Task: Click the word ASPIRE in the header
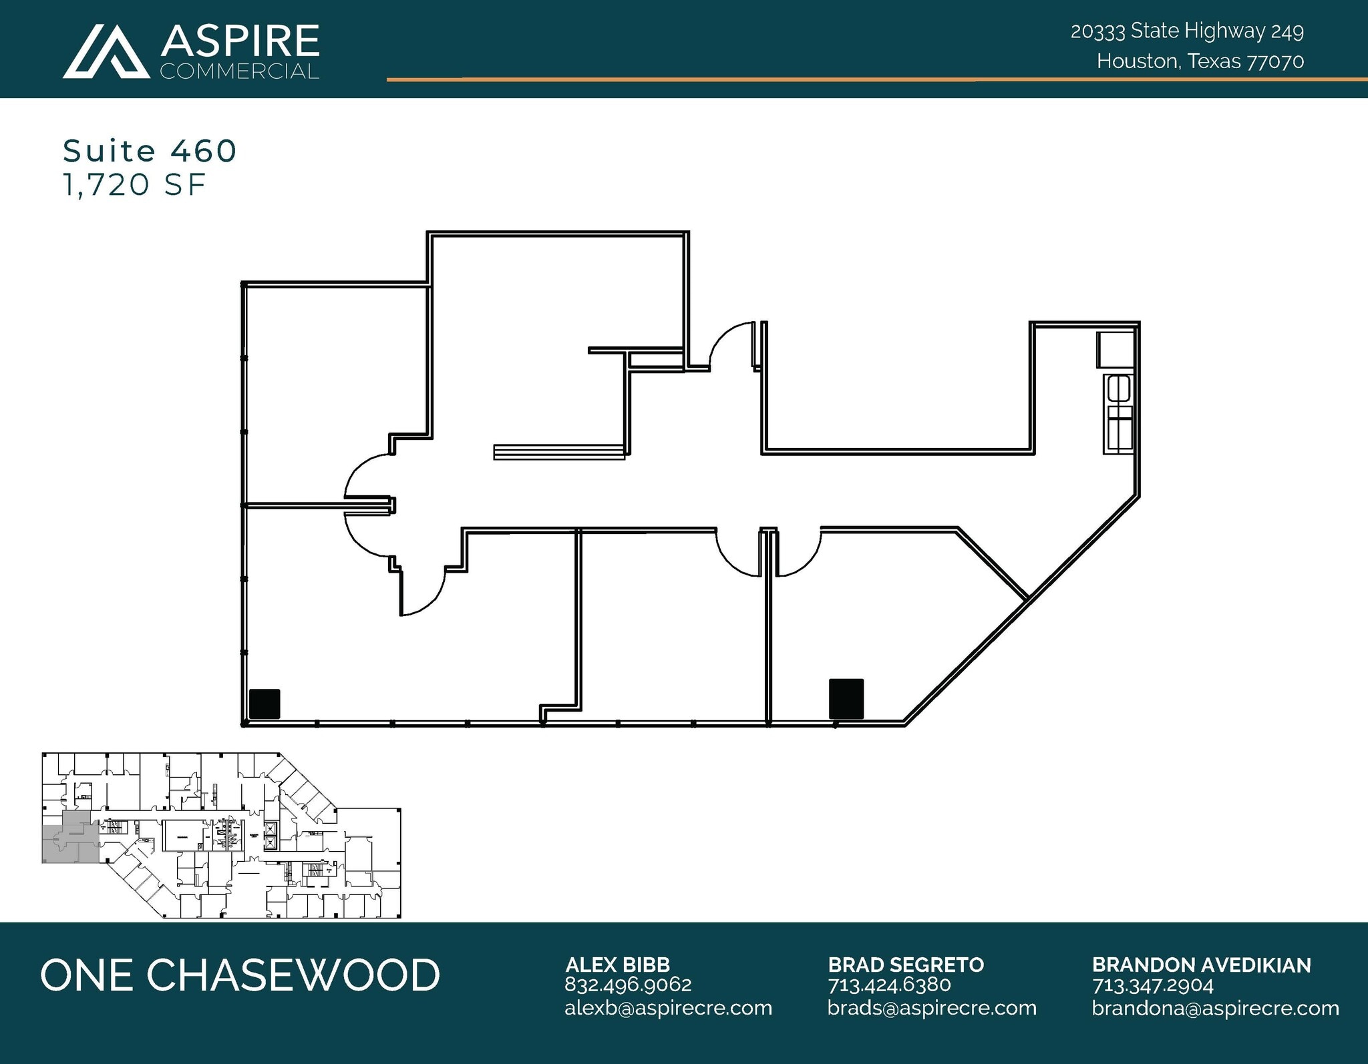(240, 41)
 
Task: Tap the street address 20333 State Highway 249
(1187, 31)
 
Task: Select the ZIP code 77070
(1276, 61)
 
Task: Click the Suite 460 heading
(150, 151)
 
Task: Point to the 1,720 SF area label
(134, 185)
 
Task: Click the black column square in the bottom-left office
(264, 704)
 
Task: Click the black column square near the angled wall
(846, 698)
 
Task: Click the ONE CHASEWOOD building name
(240, 975)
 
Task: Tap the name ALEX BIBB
(617, 965)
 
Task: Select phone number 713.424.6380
(889, 985)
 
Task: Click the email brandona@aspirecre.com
(1215, 1008)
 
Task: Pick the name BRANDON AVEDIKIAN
(1201, 965)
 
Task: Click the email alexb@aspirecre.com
(668, 1008)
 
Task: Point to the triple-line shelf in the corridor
(559, 452)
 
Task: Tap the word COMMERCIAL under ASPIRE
(240, 71)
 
